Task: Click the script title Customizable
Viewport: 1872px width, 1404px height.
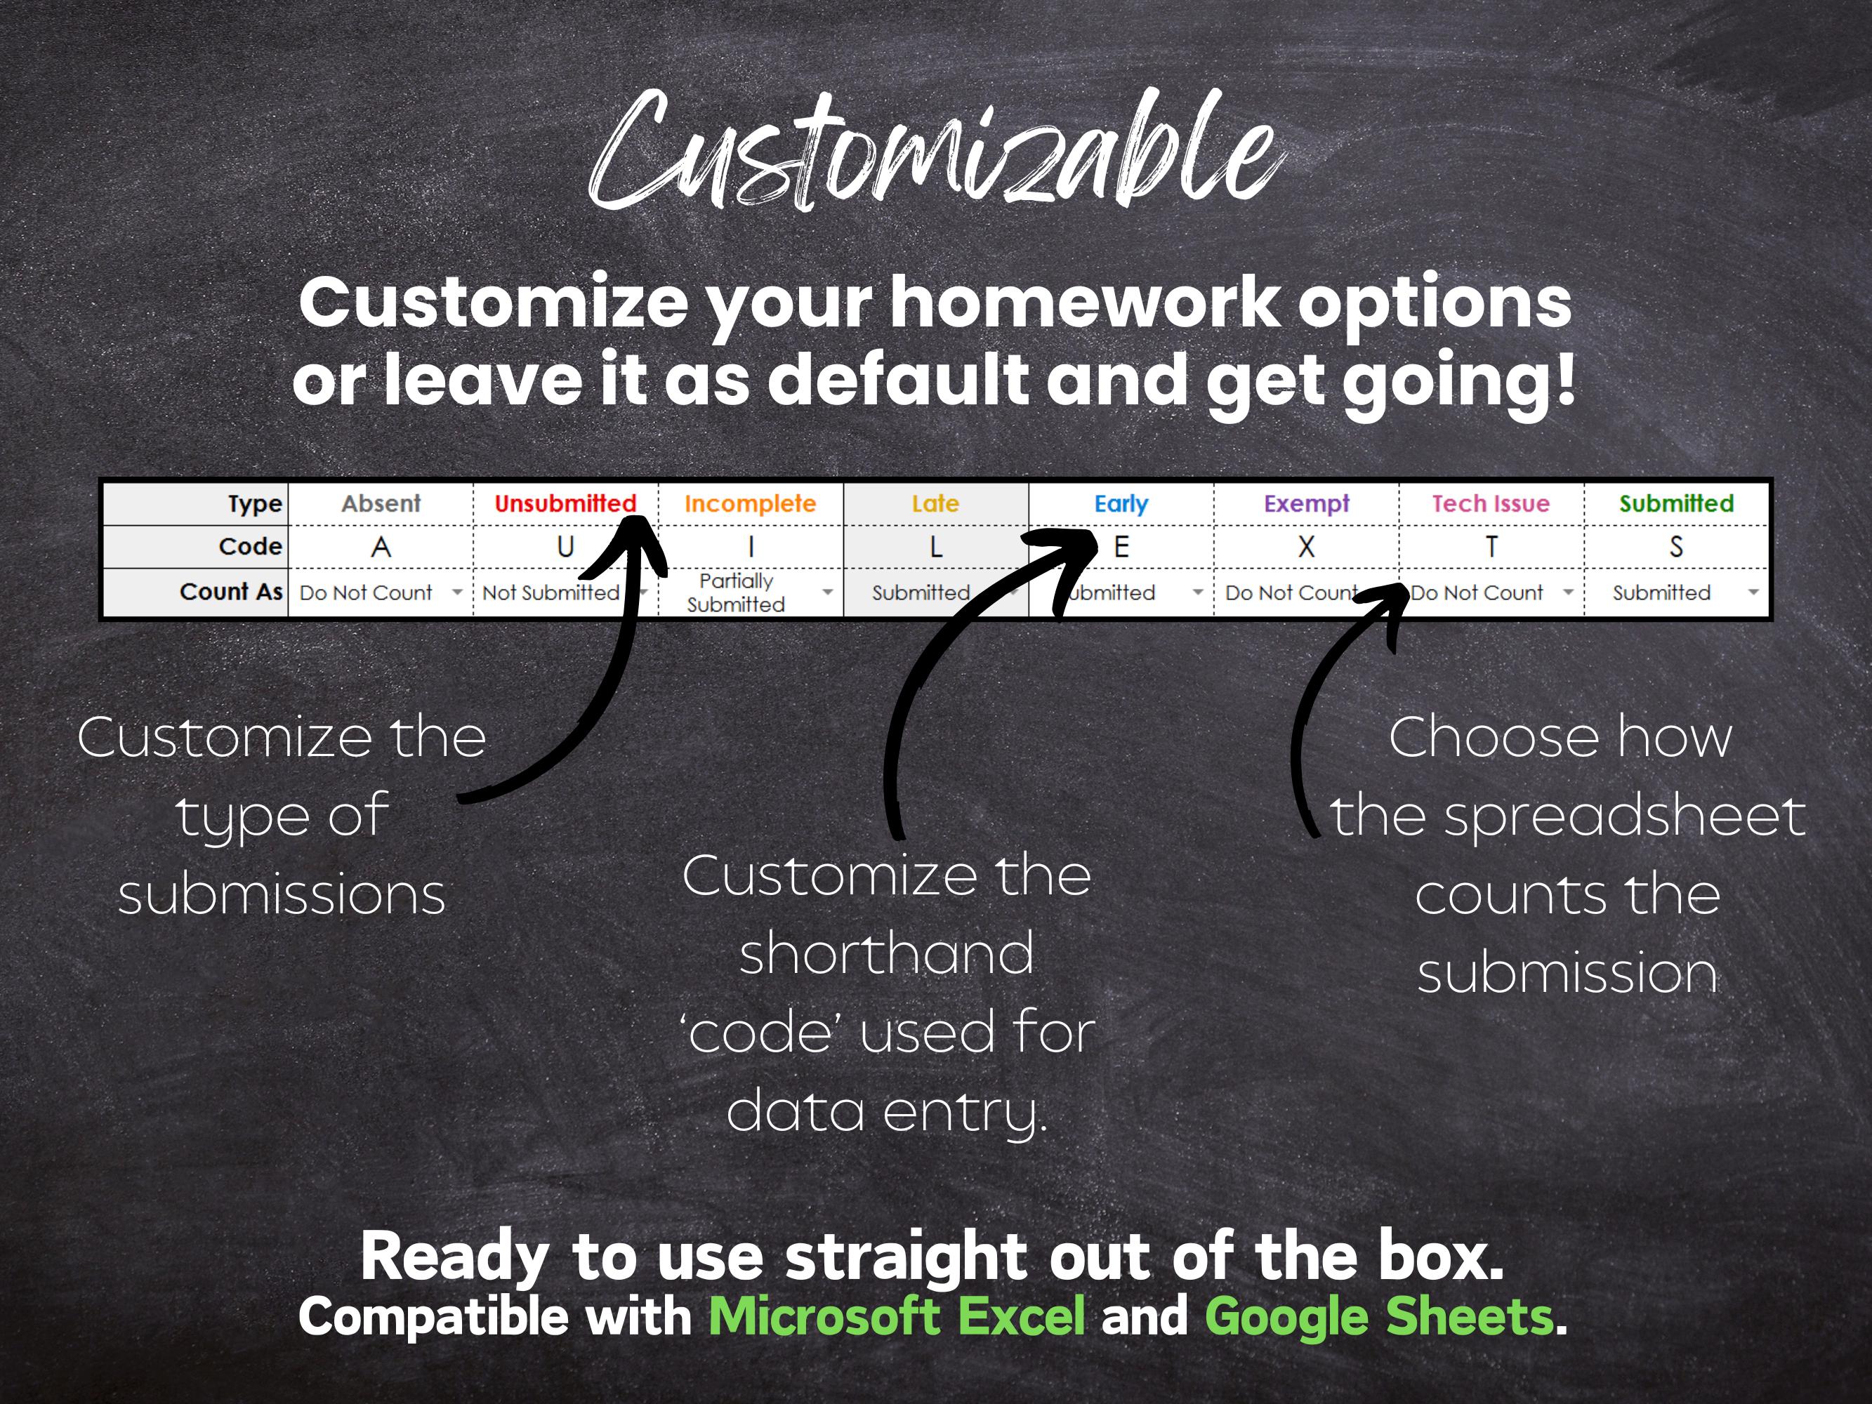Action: pos(935,152)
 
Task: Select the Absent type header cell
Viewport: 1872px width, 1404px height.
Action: pos(381,503)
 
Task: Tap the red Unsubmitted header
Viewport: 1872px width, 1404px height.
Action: pos(565,503)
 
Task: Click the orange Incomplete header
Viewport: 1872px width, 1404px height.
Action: pos(750,503)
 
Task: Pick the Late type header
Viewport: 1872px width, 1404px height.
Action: pos(935,503)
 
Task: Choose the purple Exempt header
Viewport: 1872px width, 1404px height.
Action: pos(1306,503)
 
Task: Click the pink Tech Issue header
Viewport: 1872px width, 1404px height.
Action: pos(1490,503)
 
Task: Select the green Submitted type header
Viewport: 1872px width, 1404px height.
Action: pos(1675,503)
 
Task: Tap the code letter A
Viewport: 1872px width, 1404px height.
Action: pos(381,548)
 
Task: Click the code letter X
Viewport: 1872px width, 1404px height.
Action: pos(1306,548)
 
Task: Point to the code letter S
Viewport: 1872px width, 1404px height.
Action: pos(1675,548)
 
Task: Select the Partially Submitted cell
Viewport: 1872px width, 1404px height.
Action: pos(737,592)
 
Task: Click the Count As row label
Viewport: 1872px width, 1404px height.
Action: pos(230,592)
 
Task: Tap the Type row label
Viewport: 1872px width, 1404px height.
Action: pos(254,503)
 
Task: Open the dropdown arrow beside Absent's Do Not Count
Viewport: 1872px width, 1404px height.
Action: pos(457,592)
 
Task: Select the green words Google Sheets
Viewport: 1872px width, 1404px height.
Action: pos(1378,1317)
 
